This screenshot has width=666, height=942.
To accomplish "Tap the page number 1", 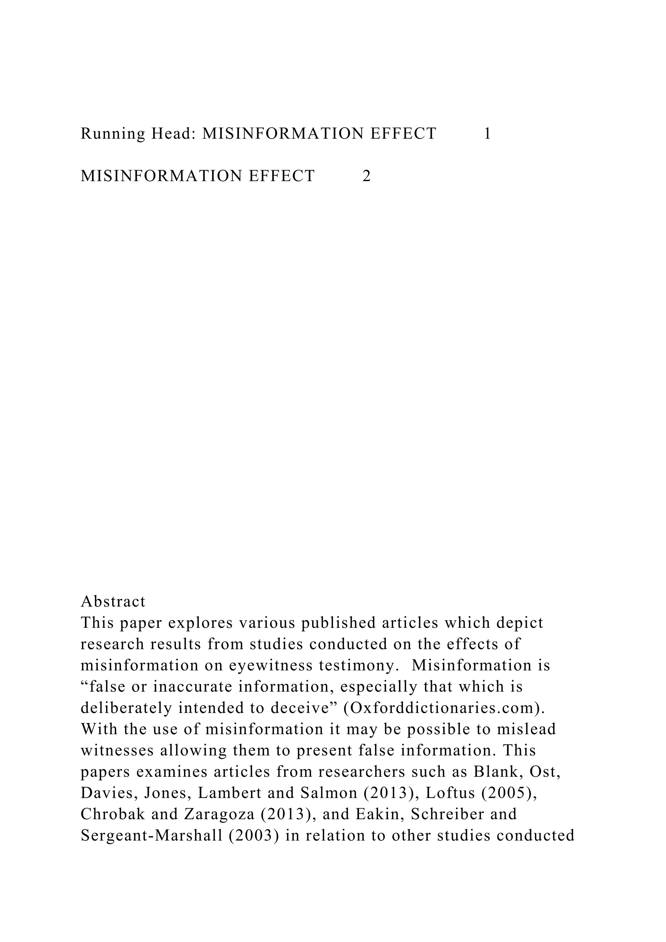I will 487,134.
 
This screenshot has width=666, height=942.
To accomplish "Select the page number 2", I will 366,176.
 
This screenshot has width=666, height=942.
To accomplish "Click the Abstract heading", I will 113,602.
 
